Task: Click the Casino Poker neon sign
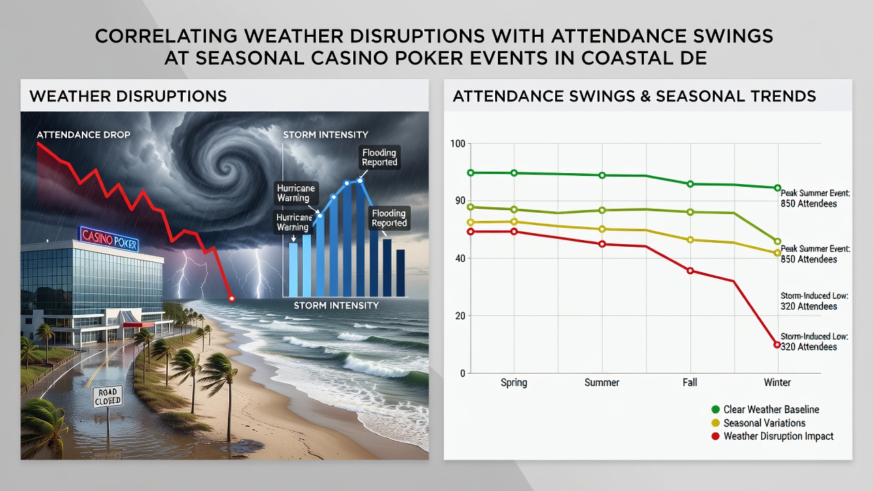pos(108,239)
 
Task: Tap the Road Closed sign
pos(108,397)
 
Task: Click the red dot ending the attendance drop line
pos(232,299)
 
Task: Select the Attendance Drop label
pos(83,135)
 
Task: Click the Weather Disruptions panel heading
pos(128,96)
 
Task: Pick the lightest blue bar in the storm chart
pos(293,269)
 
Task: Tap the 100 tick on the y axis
pos(458,144)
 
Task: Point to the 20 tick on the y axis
pos(460,316)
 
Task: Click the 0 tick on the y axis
pos(462,373)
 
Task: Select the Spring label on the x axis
pos(514,383)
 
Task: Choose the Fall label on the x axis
pos(690,383)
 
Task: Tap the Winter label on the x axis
pos(777,383)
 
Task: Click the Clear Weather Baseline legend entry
pos(765,410)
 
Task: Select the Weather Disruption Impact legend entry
pos(773,436)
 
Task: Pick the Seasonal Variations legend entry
pos(758,423)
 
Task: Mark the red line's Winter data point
pos(777,345)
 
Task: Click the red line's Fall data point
pos(690,271)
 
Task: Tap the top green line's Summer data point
pos(602,175)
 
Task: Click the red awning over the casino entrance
pos(138,325)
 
